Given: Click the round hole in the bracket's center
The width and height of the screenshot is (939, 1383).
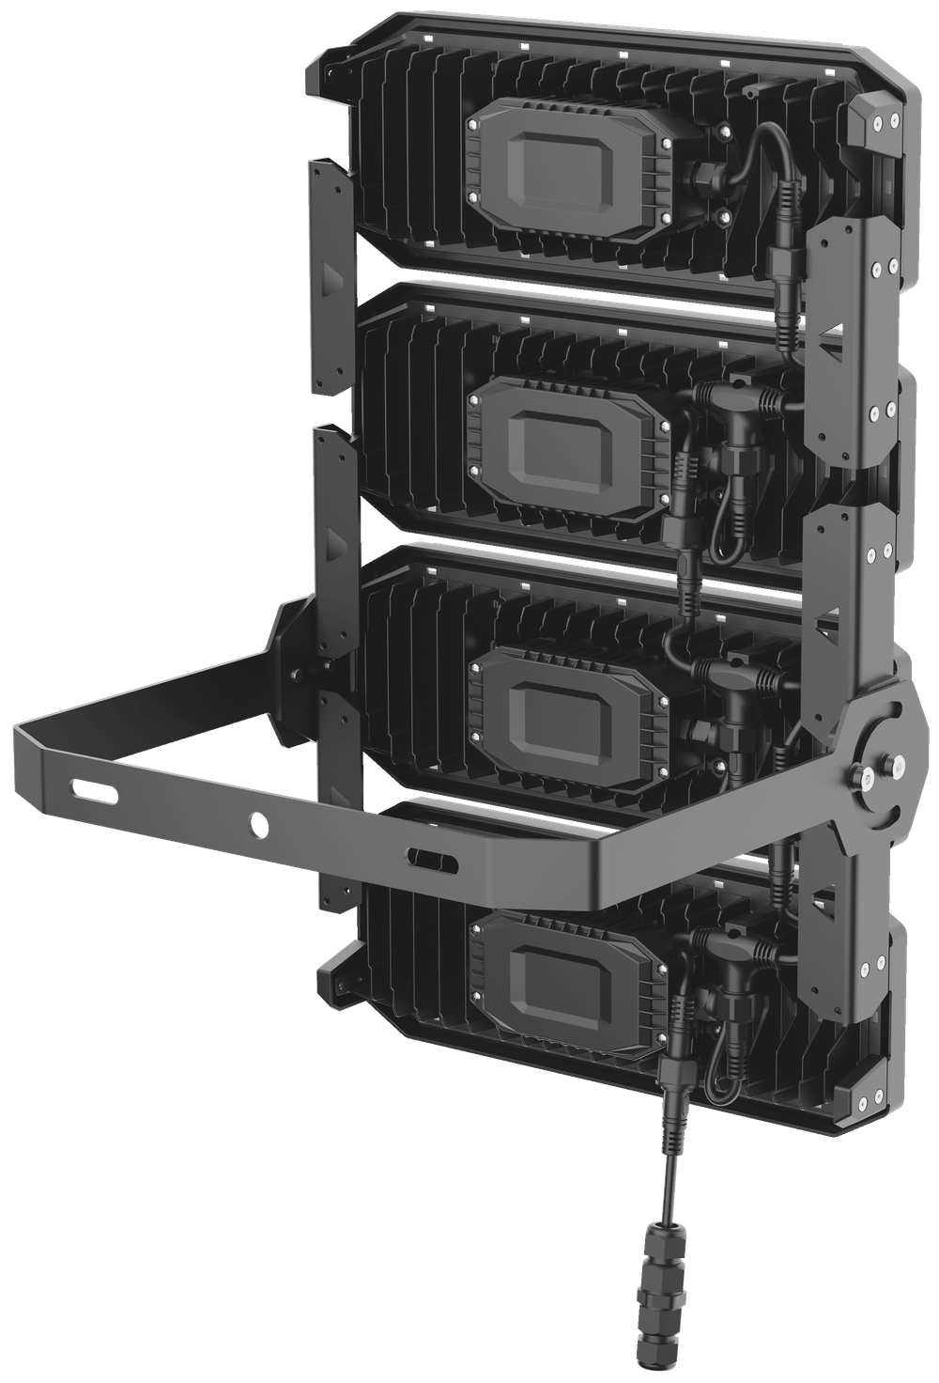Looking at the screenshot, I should click(258, 823).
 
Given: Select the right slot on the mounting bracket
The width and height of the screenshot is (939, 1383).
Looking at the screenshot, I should click(433, 858).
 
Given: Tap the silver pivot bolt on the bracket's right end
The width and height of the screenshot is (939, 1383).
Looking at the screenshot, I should click(884, 765).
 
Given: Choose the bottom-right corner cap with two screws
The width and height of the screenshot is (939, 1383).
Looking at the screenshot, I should click(869, 1099).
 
